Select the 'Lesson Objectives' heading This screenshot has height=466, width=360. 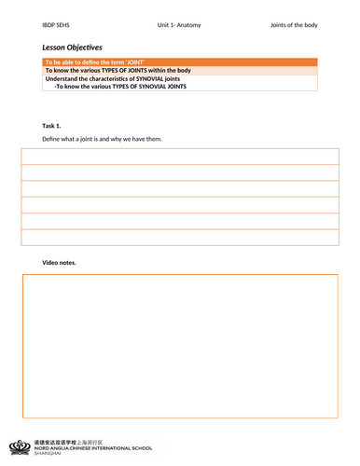pos(72,46)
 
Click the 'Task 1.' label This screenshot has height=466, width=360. pos(52,125)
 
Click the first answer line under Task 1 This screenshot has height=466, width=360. pos(180,156)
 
